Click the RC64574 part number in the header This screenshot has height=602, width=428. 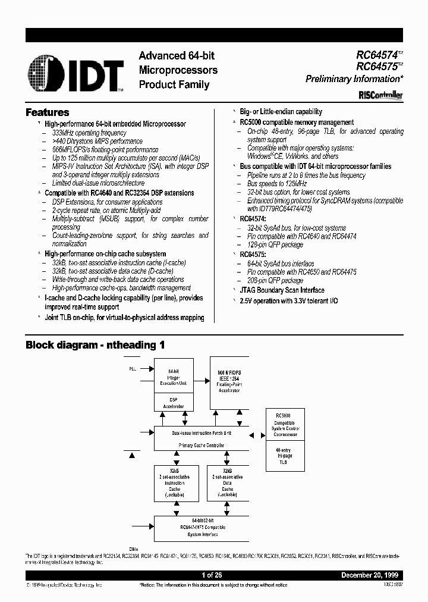[376, 55]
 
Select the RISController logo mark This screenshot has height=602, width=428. [380, 95]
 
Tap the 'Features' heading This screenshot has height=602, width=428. [48, 112]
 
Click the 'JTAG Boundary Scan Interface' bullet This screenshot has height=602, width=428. [282, 290]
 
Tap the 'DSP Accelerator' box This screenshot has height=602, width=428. [174, 403]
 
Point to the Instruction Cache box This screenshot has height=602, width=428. [174, 483]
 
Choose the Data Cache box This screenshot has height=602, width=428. [227, 483]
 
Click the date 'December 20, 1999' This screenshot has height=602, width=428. [370, 576]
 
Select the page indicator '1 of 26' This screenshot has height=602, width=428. [212, 576]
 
